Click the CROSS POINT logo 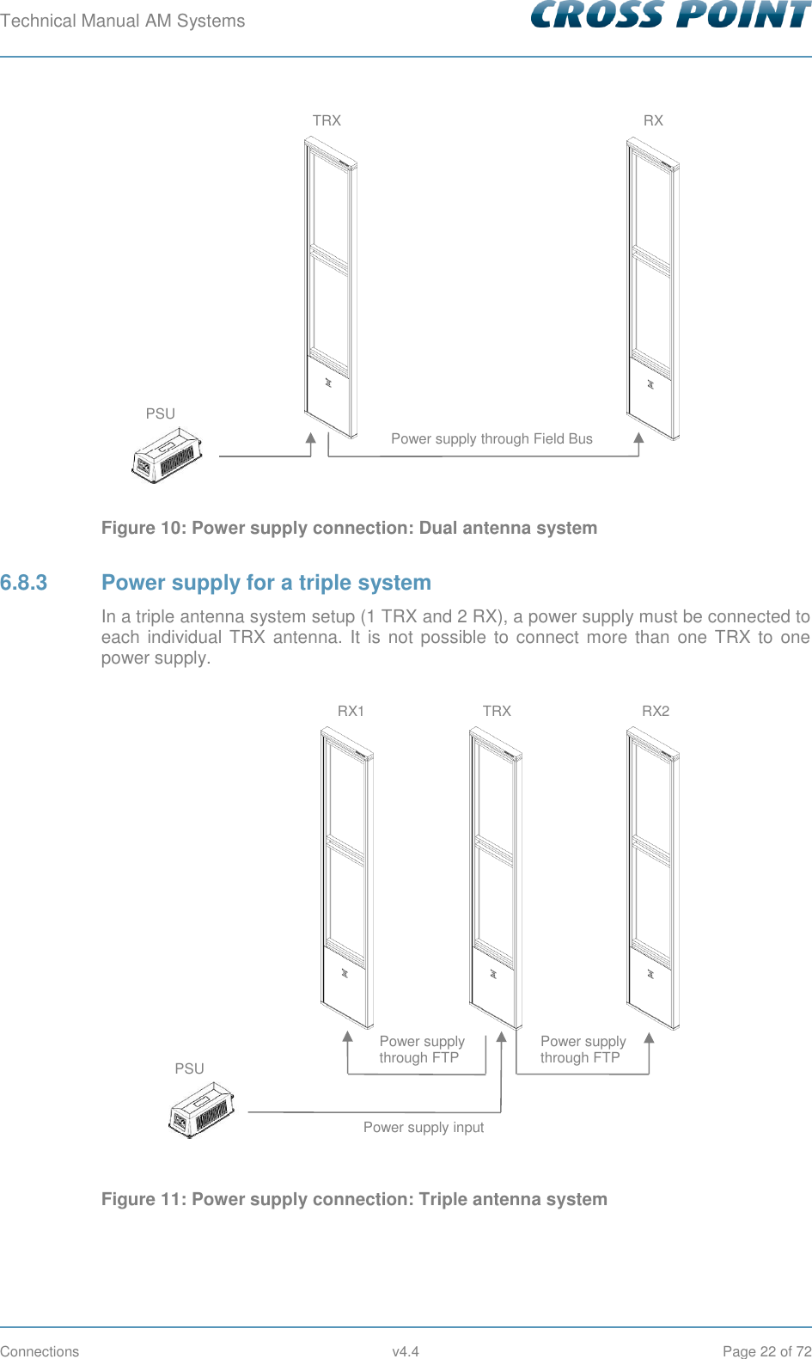pyautogui.click(x=670, y=15)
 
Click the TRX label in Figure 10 pyautogui.click(x=327, y=120)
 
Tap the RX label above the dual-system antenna pyautogui.click(x=653, y=120)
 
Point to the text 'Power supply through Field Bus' pyautogui.click(x=491, y=438)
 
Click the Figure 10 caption pyautogui.click(x=349, y=528)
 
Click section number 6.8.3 pyautogui.click(x=24, y=583)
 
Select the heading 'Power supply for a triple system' pyautogui.click(x=266, y=583)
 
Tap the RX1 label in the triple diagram pyautogui.click(x=351, y=711)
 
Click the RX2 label pyautogui.click(x=656, y=711)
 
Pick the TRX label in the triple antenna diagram pyautogui.click(x=497, y=711)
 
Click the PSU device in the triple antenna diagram pyautogui.click(x=202, y=1111)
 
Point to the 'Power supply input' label pyautogui.click(x=424, y=1127)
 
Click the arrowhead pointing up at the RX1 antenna pyautogui.click(x=348, y=1037)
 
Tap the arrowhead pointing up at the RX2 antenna pyautogui.click(x=649, y=1037)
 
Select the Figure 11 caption pyautogui.click(x=354, y=1199)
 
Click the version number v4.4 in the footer pyautogui.click(x=406, y=1351)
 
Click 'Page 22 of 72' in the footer pyautogui.click(x=766, y=1351)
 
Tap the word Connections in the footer pyautogui.click(x=40, y=1351)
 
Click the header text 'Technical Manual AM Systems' pyautogui.click(x=123, y=21)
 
